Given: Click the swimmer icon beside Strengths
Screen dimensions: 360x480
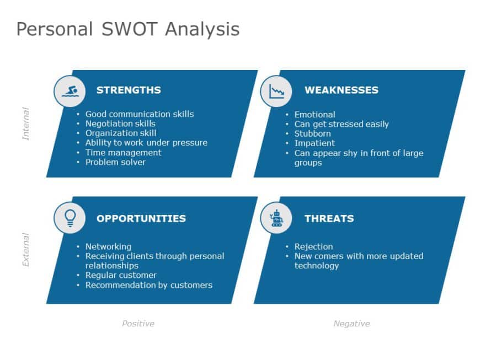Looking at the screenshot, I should (x=70, y=91).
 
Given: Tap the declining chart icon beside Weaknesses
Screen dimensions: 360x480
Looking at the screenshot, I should (x=276, y=91).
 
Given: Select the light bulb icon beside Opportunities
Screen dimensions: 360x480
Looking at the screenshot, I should (x=70, y=218).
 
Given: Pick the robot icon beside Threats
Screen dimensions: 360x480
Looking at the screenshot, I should (x=276, y=218).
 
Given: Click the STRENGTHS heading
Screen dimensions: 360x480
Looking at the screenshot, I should (x=129, y=90).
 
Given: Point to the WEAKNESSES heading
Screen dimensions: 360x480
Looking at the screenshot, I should (x=341, y=90).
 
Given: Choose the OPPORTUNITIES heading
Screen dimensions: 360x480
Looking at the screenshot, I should (x=141, y=218).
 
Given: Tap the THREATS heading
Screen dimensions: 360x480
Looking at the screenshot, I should (x=329, y=218).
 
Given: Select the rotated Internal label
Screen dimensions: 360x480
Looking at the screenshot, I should (x=25, y=123).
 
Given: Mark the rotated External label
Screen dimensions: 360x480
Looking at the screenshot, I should (x=25, y=250).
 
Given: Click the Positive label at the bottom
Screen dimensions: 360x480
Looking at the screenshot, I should (x=138, y=324).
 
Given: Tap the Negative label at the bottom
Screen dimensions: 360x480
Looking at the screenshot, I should (x=351, y=324).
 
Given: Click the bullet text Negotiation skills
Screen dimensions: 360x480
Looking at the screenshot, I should (x=120, y=123).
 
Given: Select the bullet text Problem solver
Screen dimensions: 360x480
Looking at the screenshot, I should (x=115, y=162).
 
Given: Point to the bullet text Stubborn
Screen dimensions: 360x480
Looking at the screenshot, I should (x=312, y=133).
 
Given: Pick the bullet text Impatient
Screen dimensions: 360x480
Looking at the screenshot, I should (x=314, y=143).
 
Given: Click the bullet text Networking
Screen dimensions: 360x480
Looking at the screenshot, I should (x=108, y=246).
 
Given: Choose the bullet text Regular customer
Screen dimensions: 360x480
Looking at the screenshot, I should (x=121, y=275).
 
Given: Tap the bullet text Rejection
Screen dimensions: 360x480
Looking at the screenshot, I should (x=313, y=246).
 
